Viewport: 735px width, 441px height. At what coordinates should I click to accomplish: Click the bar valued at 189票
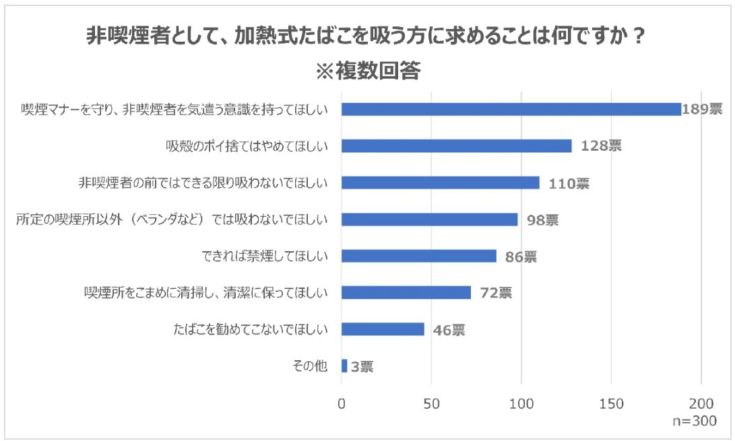[511, 109]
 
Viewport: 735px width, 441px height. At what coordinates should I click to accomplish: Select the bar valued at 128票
[456, 146]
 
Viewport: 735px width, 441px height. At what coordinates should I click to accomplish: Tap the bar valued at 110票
[440, 182]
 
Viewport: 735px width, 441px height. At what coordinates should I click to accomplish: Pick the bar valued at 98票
[429, 219]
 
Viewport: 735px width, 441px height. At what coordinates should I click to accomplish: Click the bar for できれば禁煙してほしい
[418, 256]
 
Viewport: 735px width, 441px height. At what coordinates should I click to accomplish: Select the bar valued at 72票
[406, 293]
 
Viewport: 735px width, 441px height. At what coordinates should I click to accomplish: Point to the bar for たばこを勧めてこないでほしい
[383, 329]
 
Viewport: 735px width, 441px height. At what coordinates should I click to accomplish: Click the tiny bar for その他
[344, 366]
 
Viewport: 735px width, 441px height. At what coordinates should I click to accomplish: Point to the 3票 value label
[362, 367]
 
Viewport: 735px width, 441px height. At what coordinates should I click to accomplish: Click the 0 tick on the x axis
[342, 404]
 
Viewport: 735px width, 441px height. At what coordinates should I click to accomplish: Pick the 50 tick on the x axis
[431, 404]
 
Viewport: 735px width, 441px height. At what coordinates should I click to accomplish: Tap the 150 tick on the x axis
[611, 404]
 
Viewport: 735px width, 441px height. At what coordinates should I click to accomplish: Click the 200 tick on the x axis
[701, 404]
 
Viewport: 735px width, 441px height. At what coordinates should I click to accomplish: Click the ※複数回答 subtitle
[367, 70]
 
